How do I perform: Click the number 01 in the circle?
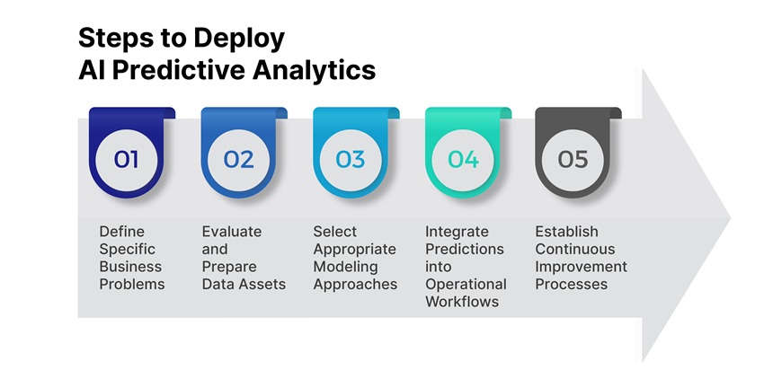tap(127, 160)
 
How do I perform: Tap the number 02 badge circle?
tap(238, 160)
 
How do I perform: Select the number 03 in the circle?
tap(351, 160)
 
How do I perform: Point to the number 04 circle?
tap(463, 160)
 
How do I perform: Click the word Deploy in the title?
tap(241, 39)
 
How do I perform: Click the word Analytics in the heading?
tap(317, 71)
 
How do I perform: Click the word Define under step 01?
tap(121, 232)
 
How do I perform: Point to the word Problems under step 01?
tap(132, 284)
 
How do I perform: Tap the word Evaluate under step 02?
tap(232, 232)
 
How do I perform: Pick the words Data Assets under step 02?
tap(244, 284)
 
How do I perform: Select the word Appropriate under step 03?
tap(354, 249)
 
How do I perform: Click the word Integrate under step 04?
tap(458, 232)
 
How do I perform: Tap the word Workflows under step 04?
tap(461, 302)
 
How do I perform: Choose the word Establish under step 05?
tap(566, 232)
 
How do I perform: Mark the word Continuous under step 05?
tap(575, 249)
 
